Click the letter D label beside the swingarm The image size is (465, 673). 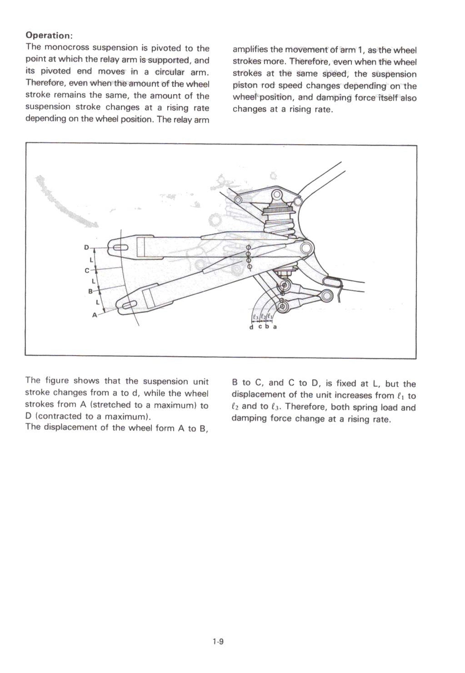tap(86, 247)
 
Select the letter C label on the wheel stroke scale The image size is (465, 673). tap(87, 271)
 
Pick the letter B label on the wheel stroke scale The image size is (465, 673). tap(90, 291)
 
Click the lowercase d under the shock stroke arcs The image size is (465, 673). tap(251, 327)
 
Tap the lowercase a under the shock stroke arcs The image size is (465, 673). tap(275, 327)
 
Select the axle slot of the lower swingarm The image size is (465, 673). tap(129, 306)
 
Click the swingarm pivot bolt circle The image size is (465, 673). tap(306, 248)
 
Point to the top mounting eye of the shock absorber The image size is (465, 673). tap(276, 196)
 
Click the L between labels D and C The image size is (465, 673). tap(91, 260)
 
